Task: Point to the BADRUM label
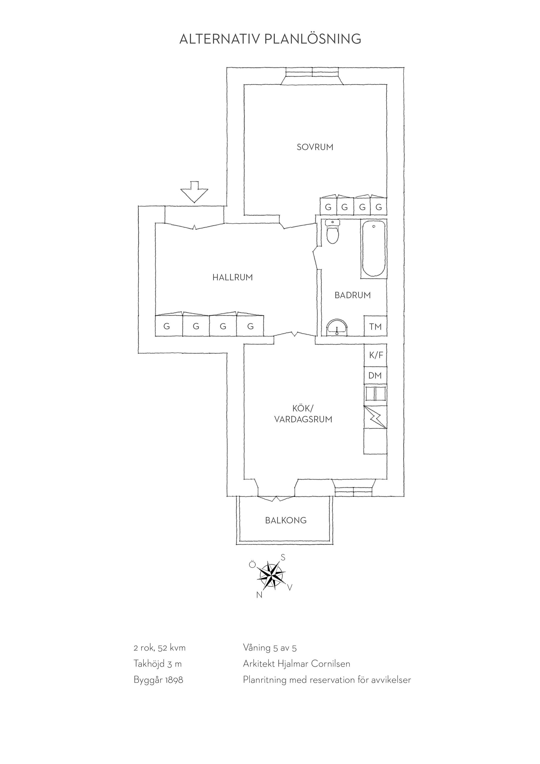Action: tap(352, 295)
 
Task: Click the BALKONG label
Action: tap(286, 520)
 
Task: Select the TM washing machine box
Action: tap(375, 326)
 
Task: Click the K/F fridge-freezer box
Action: tap(376, 355)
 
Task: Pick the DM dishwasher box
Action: tap(375, 376)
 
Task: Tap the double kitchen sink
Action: tap(375, 394)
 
